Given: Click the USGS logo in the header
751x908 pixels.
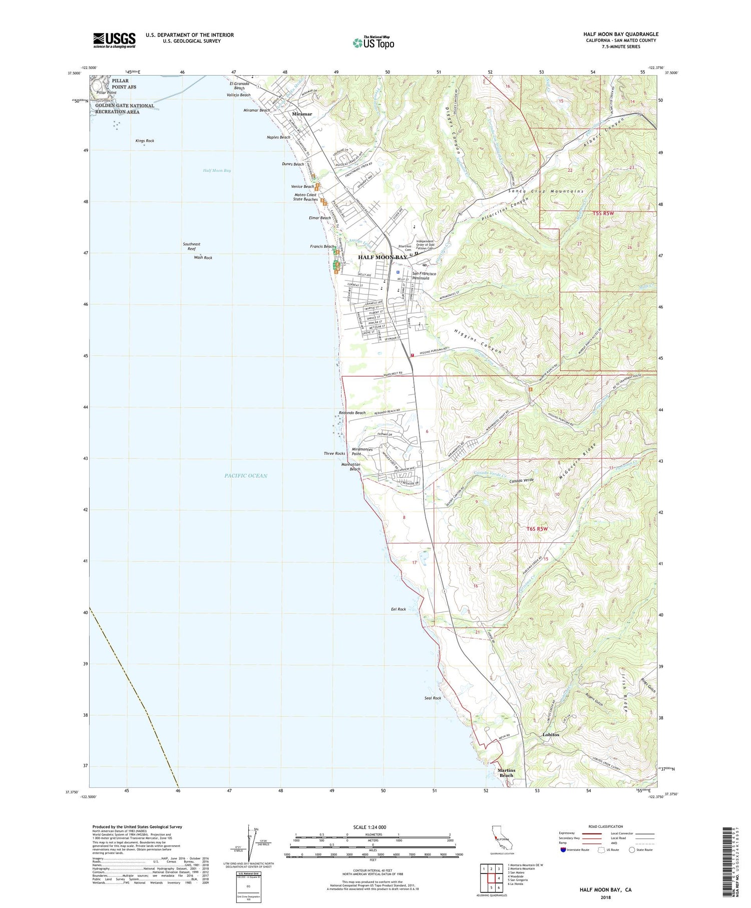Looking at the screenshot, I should [114, 40].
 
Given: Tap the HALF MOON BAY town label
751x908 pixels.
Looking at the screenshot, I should [383, 257].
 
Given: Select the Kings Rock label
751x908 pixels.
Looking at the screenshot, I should [145, 141].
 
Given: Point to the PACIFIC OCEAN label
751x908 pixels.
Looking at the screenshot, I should [246, 476].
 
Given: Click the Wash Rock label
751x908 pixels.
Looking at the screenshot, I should [203, 257].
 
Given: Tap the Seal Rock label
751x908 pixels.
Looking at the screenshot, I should [433, 698].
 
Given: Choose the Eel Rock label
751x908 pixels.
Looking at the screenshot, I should [399, 610].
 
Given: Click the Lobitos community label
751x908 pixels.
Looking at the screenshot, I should [551, 735].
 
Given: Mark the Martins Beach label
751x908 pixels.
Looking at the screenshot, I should [506, 773].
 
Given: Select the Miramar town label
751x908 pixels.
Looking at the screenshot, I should [302, 114].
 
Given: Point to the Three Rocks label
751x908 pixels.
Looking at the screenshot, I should [334, 453].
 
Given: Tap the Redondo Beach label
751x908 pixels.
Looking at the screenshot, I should [352, 413].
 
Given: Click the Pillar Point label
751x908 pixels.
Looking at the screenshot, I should [107, 93].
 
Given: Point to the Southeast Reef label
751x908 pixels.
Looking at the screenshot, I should [191, 246].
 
